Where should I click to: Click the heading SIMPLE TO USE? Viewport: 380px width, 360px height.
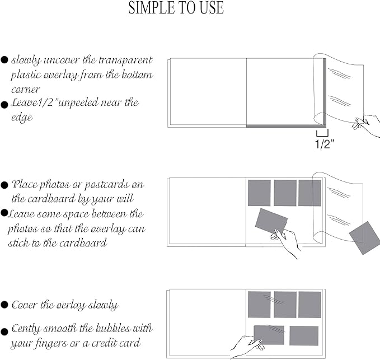176,8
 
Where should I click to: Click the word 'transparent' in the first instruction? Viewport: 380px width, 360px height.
124,60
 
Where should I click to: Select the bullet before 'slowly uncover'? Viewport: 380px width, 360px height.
4,59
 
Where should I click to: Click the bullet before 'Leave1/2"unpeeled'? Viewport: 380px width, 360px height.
4,104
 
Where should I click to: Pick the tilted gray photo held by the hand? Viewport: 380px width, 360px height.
271,221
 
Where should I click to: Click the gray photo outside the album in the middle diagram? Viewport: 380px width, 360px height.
364,237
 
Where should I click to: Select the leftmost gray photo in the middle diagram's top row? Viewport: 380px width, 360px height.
259,193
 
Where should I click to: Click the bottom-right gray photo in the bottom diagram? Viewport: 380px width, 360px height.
304,335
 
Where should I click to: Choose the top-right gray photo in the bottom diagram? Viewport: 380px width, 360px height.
309,305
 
